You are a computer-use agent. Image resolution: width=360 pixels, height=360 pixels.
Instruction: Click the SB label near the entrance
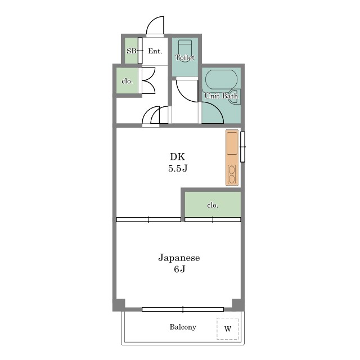[131, 51]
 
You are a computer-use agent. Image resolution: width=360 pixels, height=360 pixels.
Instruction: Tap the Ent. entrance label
[155, 51]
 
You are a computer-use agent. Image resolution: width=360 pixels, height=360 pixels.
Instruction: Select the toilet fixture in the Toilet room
[185, 49]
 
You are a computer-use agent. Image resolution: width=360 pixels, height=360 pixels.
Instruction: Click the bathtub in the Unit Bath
[221, 79]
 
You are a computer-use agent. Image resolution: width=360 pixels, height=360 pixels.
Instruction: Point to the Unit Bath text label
[221, 96]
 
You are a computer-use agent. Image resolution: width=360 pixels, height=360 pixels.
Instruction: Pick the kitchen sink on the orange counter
[232, 143]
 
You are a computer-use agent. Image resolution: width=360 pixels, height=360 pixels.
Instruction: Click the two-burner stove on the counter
[232, 174]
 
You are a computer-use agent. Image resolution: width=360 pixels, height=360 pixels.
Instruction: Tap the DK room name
[178, 156]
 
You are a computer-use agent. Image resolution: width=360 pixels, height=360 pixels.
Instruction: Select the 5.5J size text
[178, 168]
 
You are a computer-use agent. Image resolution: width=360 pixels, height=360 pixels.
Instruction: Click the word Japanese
[179, 258]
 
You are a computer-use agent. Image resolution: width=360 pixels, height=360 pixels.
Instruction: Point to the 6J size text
[179, 269]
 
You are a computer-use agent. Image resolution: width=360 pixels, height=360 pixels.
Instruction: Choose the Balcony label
[183, 327]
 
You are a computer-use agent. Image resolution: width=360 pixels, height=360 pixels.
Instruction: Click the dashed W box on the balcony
[227, 328]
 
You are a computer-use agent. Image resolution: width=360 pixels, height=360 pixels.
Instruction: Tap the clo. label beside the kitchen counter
[213, 205]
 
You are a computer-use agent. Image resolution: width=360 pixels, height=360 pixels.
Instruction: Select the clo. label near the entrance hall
[127, 81]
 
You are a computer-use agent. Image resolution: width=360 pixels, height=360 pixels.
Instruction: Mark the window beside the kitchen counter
[242, 147]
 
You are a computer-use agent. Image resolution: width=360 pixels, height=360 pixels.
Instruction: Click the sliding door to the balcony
[183, 309]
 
